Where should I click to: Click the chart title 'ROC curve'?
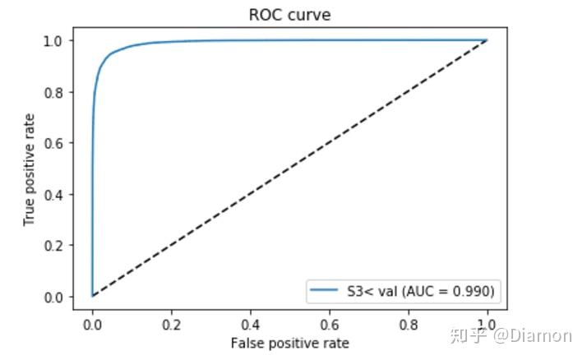click(x=289, y=15)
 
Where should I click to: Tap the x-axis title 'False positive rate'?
click(x=289, y=343)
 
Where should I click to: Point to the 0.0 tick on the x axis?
click(x=93, y=325)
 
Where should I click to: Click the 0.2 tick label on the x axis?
click(x=172, y=325)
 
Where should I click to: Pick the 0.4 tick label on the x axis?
click(x=251, y=325)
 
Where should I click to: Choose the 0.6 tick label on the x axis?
click(x=330, y=325)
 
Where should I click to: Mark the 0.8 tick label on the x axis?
click(x=409, y=325)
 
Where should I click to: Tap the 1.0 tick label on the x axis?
click(x=488, y=325)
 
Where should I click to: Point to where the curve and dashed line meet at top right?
click(x=488, y=40)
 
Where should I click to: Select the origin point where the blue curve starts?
click(x=93, y=296)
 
